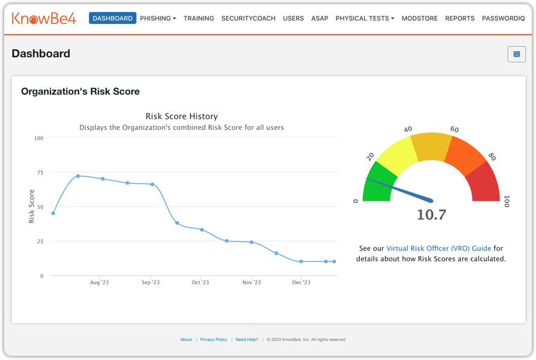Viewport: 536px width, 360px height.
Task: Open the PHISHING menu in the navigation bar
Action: pos(158,19)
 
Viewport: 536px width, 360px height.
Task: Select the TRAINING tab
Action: pos(199,19)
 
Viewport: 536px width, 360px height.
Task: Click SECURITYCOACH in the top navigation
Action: pos(248,19)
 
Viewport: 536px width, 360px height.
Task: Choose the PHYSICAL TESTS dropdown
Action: pos(365,19)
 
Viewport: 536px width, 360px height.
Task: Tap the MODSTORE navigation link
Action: pos(419,19)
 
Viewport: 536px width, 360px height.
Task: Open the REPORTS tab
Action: pos(460,19)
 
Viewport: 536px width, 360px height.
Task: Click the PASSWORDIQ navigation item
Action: pos(503,19)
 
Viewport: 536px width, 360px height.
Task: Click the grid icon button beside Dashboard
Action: pos(516,54)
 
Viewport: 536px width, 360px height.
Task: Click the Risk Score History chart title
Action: pos(181,116)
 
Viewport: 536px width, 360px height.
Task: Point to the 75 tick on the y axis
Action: pos(40,172)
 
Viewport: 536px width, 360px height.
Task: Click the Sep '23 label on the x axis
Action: pos(150,282)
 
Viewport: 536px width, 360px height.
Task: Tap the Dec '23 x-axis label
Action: pos(301,282)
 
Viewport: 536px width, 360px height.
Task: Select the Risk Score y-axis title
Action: pos(32,206)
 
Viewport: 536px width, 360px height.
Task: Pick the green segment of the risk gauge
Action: pos(379,183)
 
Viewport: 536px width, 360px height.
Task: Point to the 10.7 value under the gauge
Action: pos(431,215)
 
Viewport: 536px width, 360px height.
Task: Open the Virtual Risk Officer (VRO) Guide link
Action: pos(439,248)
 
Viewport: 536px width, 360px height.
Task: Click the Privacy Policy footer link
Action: pos(214,340)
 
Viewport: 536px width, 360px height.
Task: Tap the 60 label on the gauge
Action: pos(454,130)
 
